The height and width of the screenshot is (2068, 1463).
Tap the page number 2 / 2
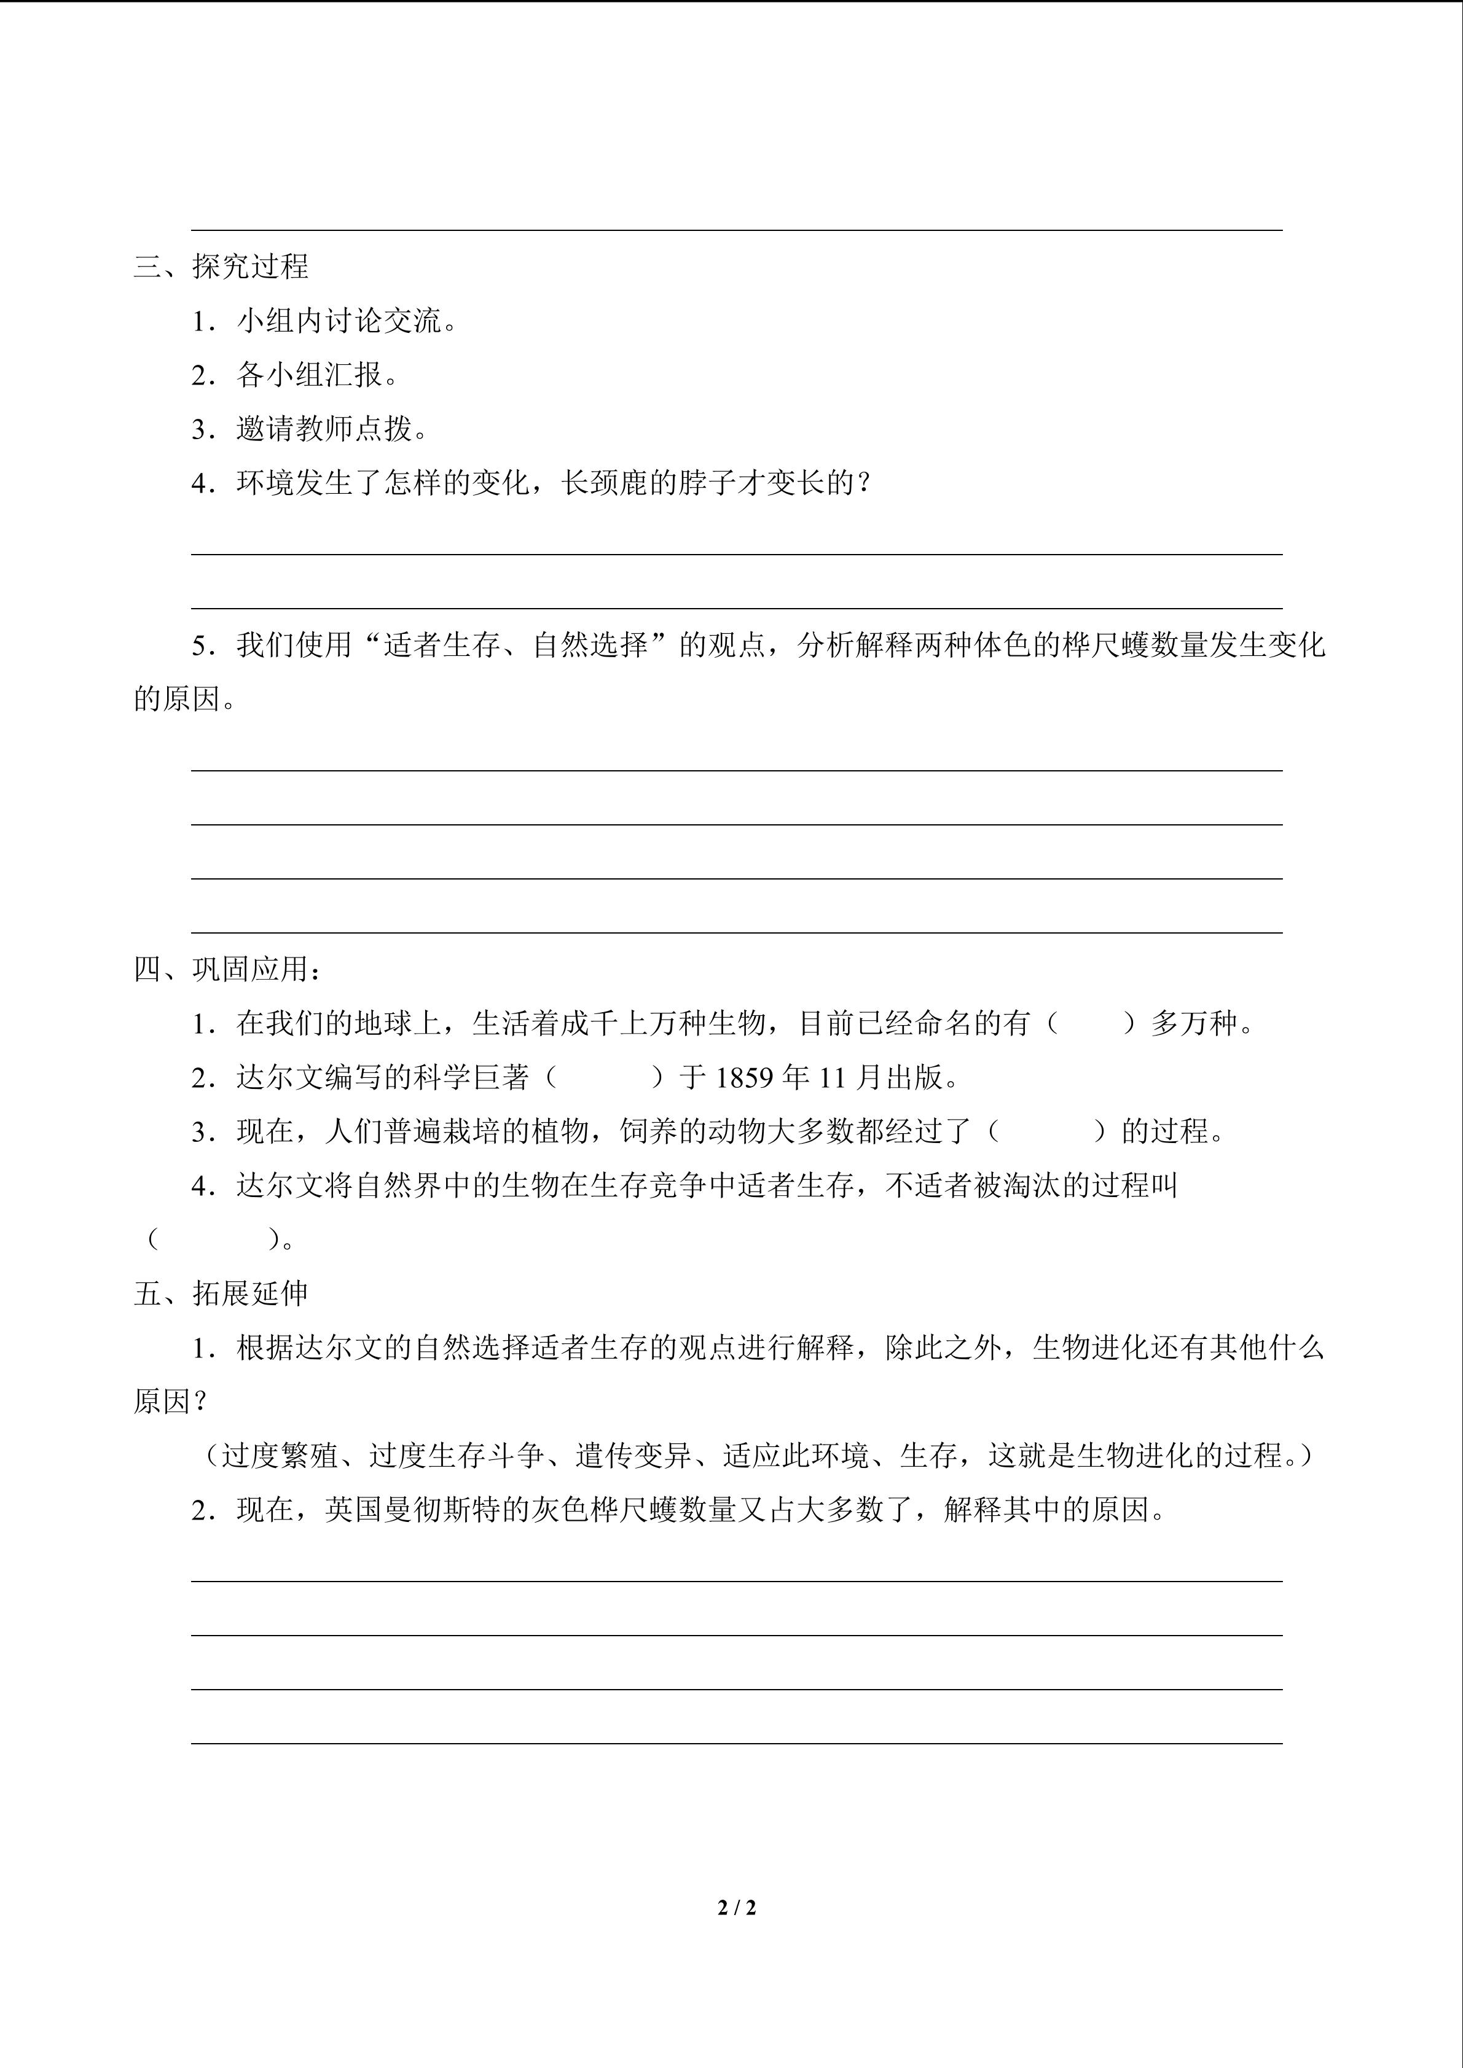pos(737,1907)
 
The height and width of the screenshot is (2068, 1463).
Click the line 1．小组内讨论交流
pos(324,321)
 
